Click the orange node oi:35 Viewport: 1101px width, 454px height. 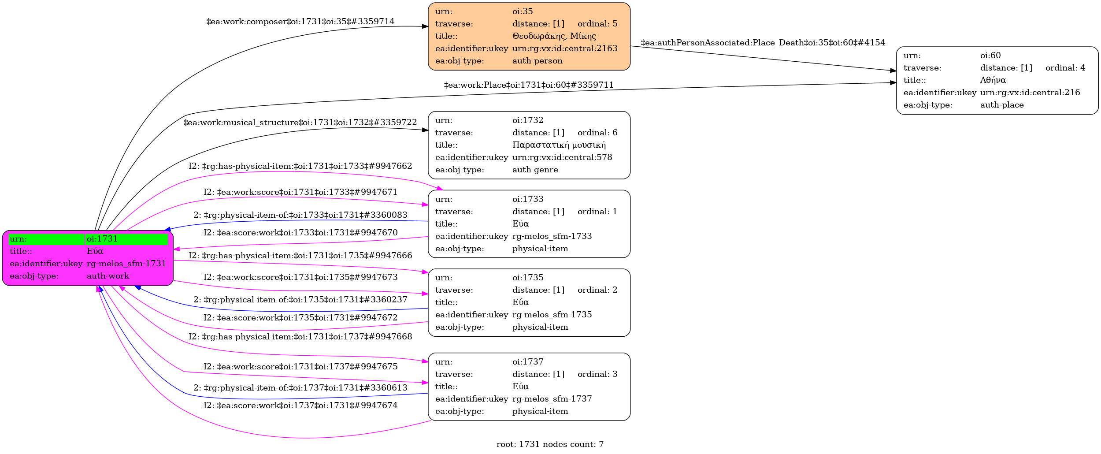pyautogui.click(x=529, y=37)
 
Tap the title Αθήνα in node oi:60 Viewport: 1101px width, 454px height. pyautogui.click(x=993, y=80)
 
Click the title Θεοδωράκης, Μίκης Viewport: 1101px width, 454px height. pyautogui.click(x=554, y=36)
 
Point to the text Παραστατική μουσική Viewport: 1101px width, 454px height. pyautogui.click(x=559, y=145)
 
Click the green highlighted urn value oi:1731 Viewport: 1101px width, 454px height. pyautogui.click(x=102, y=239)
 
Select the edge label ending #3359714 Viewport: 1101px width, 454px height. pyautogui.click(x=300, y=22)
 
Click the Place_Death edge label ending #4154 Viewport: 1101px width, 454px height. pyautogui.click(x=763, y=43)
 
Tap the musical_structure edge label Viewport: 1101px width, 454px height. pyautogui.click(x=300, y=123)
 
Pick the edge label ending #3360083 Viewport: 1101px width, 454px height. pyautogui.click(x=300, y=215)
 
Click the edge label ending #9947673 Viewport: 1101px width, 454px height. pyautogui.click(x=300, y=277)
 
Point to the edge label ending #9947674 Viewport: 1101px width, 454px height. pyautogui.click(x=300, y=406)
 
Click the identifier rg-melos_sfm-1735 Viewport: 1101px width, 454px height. pyautogui.click(x=552, y=315)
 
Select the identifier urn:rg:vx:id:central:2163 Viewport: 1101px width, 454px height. pyautogui.click(x=565, y=48)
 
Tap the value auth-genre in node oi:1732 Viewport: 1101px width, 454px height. pyautogui.click(x=535, y=170)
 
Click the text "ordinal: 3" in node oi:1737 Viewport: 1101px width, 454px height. pyautogui.click(x=597, y=374)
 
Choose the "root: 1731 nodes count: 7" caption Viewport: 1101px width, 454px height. pyautogui.click(x=550, y=444)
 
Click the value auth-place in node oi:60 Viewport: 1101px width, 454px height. pyautogui.click(x=1001, y=105)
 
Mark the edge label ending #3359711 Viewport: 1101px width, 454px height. pyautogui.click(x=528, y=85)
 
